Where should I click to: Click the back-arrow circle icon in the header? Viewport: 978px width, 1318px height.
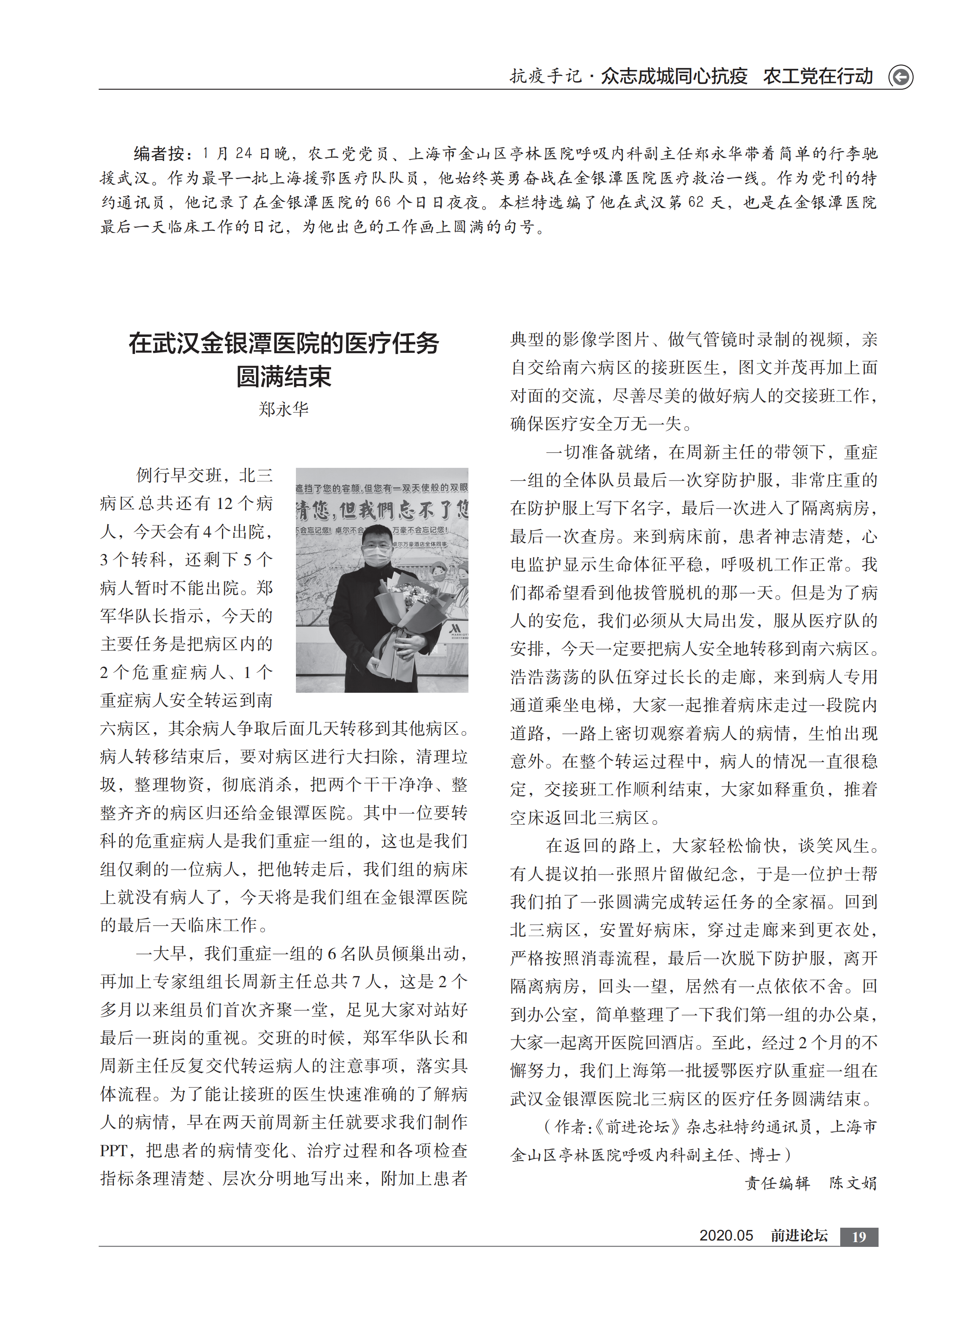click(x=901, y=77)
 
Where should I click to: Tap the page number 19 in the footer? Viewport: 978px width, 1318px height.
click(x=859, y=1236)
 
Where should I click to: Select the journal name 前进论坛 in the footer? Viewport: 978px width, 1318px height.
click(x=799, y=1236)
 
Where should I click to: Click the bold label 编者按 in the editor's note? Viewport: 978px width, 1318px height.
click(x=159, y=154)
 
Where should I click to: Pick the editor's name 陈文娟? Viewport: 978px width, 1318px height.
click(x=853, y=1183)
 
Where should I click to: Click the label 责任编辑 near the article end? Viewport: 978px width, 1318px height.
click(x=777, y=1183)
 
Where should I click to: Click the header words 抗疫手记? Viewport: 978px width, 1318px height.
click(x=546, y=76)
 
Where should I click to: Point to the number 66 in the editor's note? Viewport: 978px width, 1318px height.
click(x=383, y=203)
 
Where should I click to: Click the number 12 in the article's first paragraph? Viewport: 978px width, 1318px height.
click(x=225, y=504)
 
